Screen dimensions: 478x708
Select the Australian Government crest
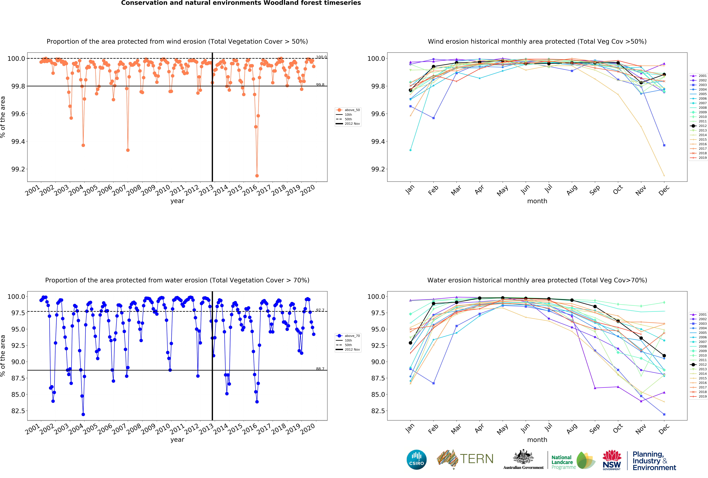pos(523,457)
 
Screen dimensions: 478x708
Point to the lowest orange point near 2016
pos(257,176)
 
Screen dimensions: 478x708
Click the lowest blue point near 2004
pos(83,414)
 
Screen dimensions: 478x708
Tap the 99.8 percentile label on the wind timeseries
pos(320,85)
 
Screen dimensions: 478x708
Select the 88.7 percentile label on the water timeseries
pos(320,369)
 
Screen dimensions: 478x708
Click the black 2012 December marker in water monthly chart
pos(664,356)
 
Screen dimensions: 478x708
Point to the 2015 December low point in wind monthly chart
pos(664,176)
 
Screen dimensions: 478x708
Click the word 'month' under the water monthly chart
pos(537,440)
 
